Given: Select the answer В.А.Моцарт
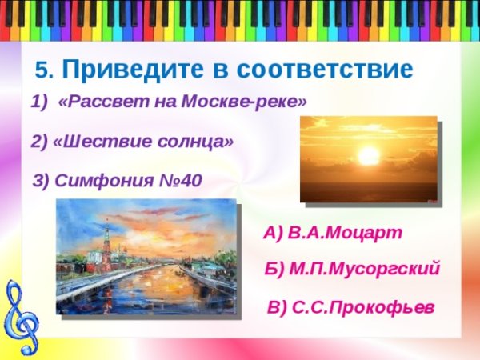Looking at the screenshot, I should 345,233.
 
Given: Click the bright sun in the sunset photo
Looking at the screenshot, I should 368,155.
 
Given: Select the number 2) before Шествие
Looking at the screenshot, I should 40,142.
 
